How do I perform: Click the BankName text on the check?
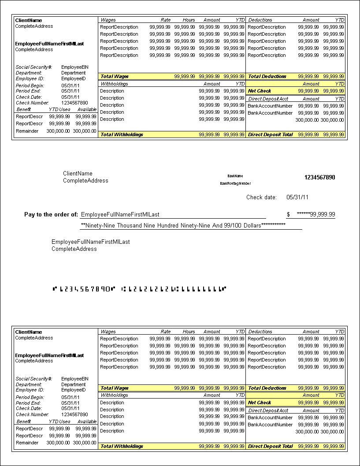pyautogui.click(x=235, y=176)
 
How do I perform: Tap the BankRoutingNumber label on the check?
pyautogui.click(x=235, y=183)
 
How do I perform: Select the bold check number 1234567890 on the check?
pyautogui.click(x=319, y=178)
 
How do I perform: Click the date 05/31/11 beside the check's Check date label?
pyautogui.click(x=297, y=198)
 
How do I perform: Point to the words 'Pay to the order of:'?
pyautogui.click(x=51, y=215)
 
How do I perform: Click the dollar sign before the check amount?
pyautogui.click(x=288, y=215)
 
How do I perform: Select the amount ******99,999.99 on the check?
pyautogui.click(x=316, y=215)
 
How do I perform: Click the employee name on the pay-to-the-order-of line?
pyautogui.click(x=120, y=215)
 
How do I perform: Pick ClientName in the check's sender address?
pyautogui.click(x=78, y=174)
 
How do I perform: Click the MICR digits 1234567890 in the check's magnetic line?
pyautogui.click(x=84, y=289)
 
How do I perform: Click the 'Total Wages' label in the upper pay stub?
pyautogui.click(x=115, y=76)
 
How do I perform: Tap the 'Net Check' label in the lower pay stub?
pyautogui.click(x=260, y=403)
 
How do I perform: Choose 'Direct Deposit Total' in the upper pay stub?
pyautogui.click(x=270, y=134)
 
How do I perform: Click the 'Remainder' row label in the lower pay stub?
pyautogui.click(x=27, y=443)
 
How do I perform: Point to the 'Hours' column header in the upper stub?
pyautogui.click(x=189, y=20)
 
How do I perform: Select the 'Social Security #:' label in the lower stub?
pyautogui.click(x=34, y=379)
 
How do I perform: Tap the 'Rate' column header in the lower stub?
pyautogui.click(x=166, y=332)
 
